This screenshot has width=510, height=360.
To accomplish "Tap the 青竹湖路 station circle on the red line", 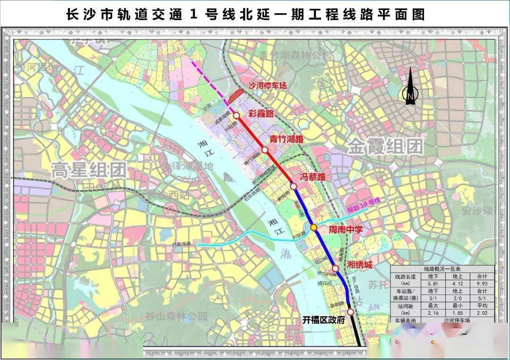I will point(265,150).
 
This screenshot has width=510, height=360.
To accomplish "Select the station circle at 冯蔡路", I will point(293,186).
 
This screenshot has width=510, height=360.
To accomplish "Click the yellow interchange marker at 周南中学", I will point(314,228).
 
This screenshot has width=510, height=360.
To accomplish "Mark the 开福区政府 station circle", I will point(350,312).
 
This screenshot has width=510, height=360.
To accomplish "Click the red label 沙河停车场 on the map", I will point(267,86).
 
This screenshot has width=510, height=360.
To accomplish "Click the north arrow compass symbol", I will point(410,87).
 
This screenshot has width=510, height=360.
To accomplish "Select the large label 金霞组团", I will point(385,146).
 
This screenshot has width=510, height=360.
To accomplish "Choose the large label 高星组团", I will point(89,169).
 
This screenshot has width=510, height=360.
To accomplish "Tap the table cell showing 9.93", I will point(483,284).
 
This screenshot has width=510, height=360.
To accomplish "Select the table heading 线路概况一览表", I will point(442,268).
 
